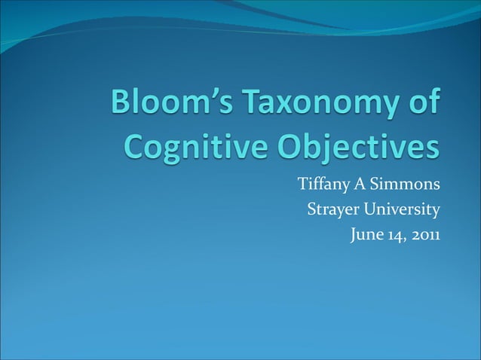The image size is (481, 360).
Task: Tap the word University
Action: (x=400, y=209)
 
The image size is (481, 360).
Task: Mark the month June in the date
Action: (x=366, y=235)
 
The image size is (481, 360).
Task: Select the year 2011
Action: (x=425, y=235)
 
